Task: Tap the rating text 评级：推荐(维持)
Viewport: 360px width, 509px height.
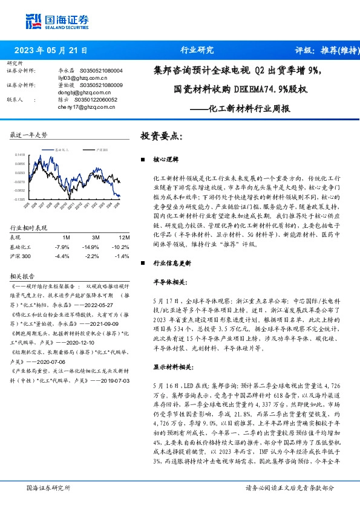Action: click(x=324, y=51)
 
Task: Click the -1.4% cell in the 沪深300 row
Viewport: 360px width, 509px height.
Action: click(x=120, y=256)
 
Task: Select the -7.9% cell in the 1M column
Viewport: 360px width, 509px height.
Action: click(x=62, y=247)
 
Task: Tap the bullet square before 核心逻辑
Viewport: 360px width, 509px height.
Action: click(x=143, y=160)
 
